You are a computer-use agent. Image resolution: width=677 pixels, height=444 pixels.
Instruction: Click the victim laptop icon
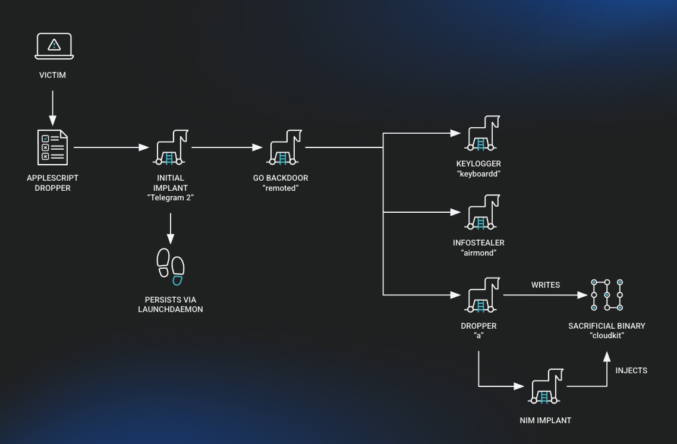click(53, 46)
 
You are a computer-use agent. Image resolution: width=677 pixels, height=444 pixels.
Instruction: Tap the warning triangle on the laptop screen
click(54, 44)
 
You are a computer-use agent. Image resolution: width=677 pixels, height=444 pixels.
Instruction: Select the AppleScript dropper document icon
click(52, 147)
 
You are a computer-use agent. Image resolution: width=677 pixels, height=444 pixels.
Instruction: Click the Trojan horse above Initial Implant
click(171, 147)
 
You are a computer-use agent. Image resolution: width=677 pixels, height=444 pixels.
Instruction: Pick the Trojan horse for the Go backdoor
click(285, 147)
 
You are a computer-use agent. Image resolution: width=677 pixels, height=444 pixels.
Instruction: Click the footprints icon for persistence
click(171, 263)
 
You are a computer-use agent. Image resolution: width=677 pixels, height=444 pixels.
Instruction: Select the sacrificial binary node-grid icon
click(607, 295)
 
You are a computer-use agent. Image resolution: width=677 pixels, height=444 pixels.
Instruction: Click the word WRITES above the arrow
click(546, 285)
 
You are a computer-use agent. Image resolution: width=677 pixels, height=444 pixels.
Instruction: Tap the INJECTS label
click(631, 370)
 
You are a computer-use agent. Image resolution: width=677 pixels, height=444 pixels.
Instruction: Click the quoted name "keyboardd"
click(479, 174)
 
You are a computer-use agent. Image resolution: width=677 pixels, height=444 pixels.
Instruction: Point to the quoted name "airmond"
click(478, 253)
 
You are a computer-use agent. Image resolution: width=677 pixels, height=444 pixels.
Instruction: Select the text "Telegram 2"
click(171, 197)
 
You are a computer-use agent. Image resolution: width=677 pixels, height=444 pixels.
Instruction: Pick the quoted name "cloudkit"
click(607, 335)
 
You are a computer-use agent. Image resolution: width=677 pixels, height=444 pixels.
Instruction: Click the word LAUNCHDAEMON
click(171, 309)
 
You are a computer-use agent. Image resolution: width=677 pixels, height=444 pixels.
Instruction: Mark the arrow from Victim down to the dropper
click(52, 107)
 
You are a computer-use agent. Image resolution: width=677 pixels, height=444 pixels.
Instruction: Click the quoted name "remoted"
click(279, 188)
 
